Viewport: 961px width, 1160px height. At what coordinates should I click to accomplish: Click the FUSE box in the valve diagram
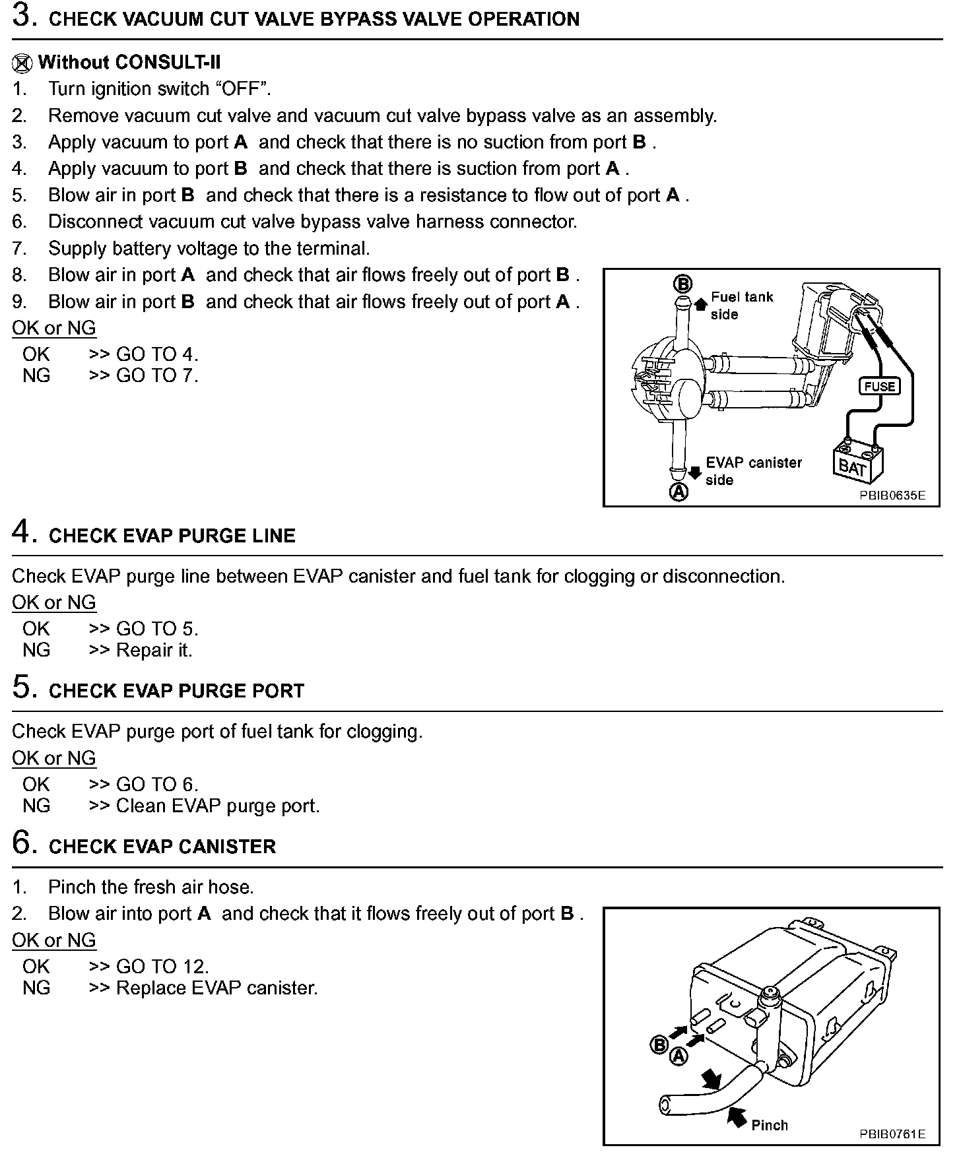(880, 386)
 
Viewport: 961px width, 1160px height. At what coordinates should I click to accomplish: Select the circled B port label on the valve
(682, 284)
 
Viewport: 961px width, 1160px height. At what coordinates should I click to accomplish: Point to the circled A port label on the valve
(679, 492)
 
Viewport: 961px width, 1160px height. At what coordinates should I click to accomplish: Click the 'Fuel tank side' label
(741, 306)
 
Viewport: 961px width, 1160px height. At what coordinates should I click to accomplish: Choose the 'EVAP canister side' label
(753, 471)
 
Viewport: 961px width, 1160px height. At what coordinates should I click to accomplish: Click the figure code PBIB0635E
(892, 496)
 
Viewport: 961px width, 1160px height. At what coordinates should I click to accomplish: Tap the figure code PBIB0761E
(892, 1134)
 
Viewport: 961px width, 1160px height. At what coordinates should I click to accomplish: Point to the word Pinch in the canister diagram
(770, 1125)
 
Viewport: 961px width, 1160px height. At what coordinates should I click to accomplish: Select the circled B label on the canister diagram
(659, 1045)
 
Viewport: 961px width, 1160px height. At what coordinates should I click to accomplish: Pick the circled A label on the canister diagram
(679, 1056)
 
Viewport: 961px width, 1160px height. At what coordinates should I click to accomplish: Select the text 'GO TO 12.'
(162, 967)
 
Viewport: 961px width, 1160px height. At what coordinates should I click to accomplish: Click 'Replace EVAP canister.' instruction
(216, 988)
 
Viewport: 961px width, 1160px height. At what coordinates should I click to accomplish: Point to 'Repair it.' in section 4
(154, 650)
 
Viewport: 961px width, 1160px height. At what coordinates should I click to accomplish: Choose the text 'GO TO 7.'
(157, 375)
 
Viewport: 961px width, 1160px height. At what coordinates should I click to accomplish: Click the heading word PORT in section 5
(281, 691)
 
